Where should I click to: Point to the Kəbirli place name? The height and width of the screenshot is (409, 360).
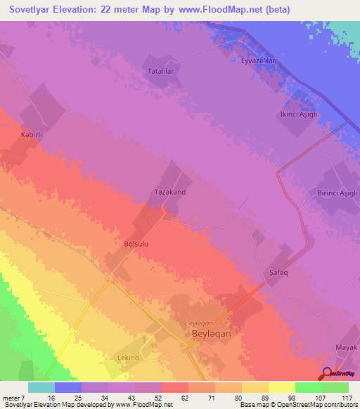pyautogui.click(x=33, y=134)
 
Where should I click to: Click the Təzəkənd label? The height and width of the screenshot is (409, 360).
pyautogui.click(x=169, y=190)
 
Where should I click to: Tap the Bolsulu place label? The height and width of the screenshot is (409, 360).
pyautogui.click(x=136, y=243)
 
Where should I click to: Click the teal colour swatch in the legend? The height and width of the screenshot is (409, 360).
pyautogui.click(x=41, y=387)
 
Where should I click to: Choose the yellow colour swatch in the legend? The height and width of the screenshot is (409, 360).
pyautogui.click(x=282, y=387)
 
